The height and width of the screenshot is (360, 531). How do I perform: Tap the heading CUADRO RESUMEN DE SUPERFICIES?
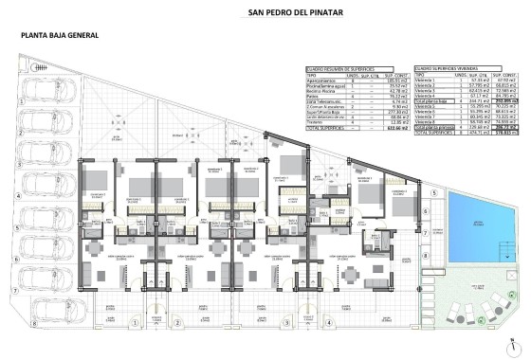tap(336, 70)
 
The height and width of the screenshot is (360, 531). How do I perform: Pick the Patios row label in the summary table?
tap(313, 98)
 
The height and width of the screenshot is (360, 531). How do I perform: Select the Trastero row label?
tap(316, 122)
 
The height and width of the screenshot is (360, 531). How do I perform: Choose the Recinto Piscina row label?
tap(320, 92)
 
